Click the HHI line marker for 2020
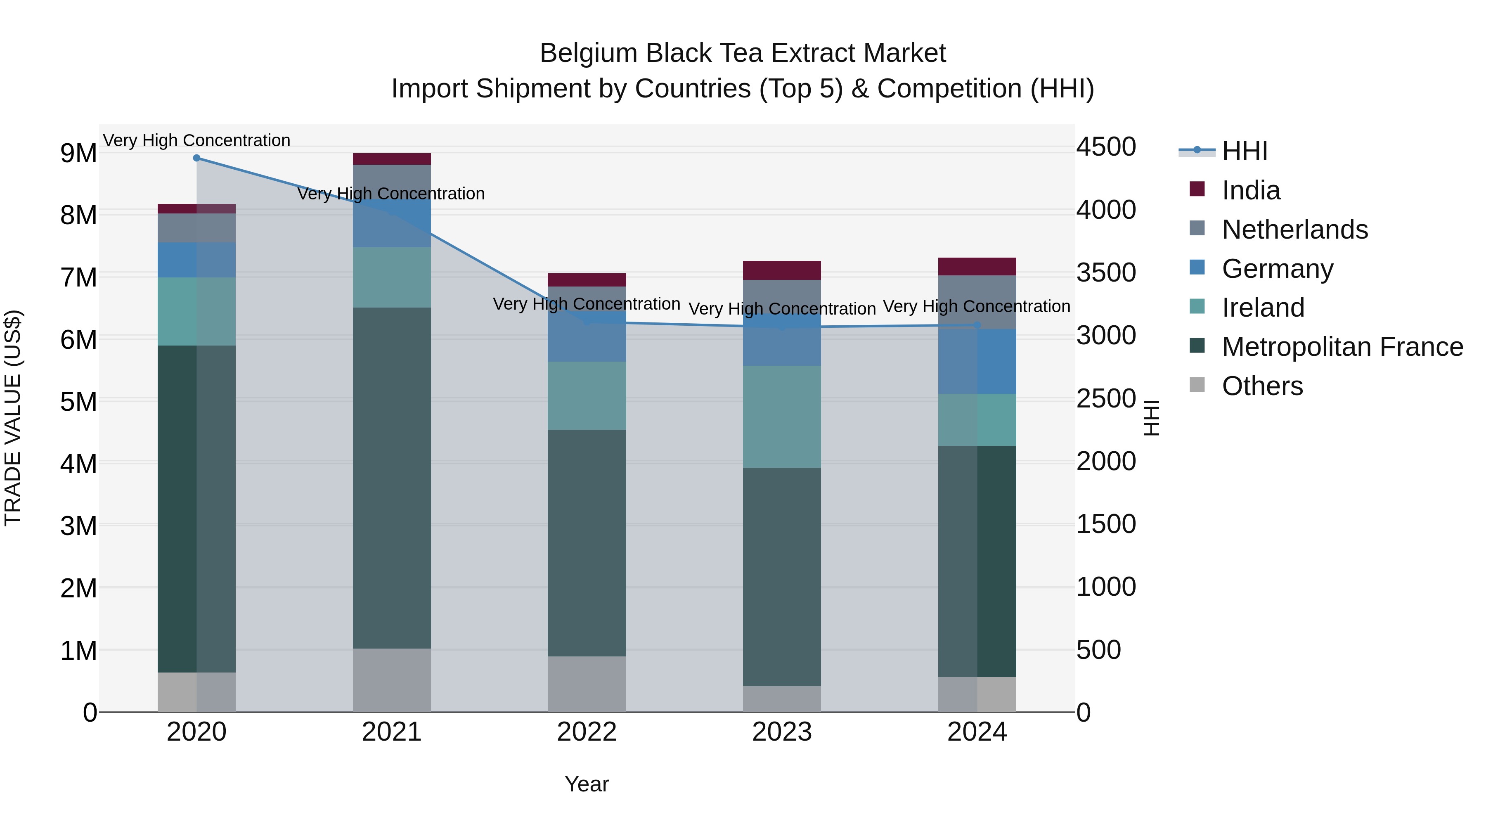pos(197,158)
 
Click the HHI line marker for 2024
pos(977,325)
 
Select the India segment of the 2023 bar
pos(782,270)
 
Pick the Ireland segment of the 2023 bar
pos(782,417)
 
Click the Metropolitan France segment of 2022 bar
pos(587,542)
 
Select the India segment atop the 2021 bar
pos(392,159)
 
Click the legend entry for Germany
pos(1277,269)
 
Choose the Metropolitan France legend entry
pos(1342,347)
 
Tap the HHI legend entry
pos(1244,151)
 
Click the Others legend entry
pos(1261,386)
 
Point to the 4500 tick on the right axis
pos(1106,147)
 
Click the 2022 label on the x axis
pos(587,732)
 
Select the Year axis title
pos(587,784)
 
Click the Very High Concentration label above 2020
pos(197,141)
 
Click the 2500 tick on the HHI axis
pos(1106,399)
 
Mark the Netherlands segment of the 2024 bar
pos(977,302)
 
